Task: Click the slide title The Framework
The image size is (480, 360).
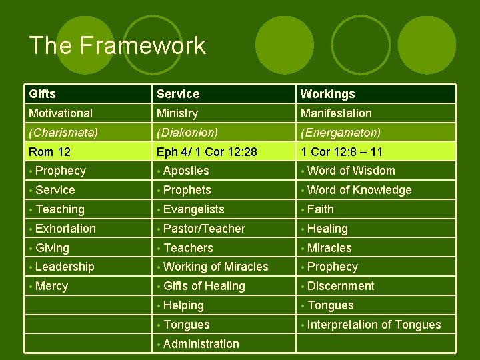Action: coord(117,46)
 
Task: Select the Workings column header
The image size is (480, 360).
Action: coord(327,94)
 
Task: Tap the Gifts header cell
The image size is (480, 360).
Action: coord(42,94)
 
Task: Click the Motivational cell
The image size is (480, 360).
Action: coord(61,113)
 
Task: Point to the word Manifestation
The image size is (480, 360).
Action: coord(336,113)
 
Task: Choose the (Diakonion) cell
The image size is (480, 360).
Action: coord(186,133)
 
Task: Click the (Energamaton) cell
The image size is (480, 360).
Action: coord(340,133)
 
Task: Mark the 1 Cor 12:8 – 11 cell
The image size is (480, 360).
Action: coord(341,152)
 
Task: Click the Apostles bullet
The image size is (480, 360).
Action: coord(186,171)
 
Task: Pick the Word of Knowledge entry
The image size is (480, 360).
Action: coord(359,190)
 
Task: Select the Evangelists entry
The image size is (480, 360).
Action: coord(193,209)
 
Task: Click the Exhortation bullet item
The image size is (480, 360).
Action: coord(65,229)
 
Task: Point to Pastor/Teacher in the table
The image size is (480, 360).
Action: coord(204,229)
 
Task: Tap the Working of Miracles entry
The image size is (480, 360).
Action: coord(215,267)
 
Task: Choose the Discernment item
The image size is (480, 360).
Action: coord(341,286)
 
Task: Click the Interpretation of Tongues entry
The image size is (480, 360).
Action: coord(374,325)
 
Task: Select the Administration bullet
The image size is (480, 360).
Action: coord(201,344)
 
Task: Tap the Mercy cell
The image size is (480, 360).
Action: coord(51,286)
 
